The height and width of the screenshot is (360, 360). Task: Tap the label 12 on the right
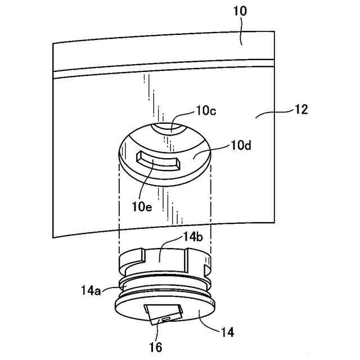[x=300, y=109]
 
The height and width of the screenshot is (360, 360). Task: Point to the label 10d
[x=240, y=147]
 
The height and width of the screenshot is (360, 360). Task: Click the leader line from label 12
[x=273, y=113]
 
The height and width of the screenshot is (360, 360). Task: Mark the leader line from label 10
[x=241, y=30]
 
